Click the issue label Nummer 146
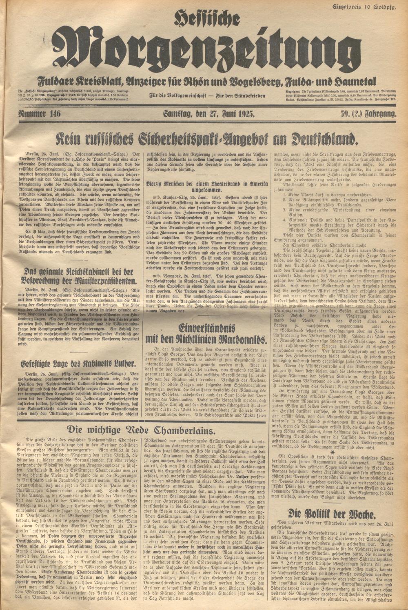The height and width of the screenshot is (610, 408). point(39,114)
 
